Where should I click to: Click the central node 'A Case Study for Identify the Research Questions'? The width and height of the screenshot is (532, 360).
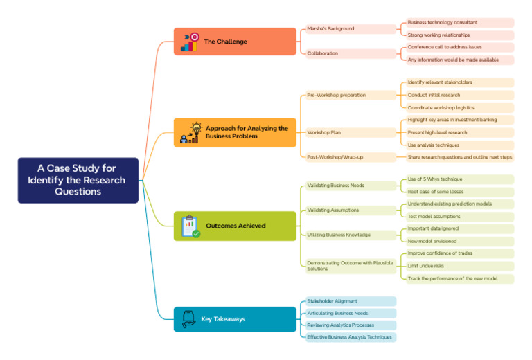click(78, 180)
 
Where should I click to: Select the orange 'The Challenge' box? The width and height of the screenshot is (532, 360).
click(235, 42)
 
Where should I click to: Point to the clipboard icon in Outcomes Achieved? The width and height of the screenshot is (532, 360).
click(190, 226)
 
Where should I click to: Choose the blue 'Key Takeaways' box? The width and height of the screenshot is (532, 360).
click(235, 319)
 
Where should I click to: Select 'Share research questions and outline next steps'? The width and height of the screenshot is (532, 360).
click(459, 157)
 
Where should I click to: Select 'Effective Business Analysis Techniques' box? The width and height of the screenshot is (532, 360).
click(351, 337)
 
